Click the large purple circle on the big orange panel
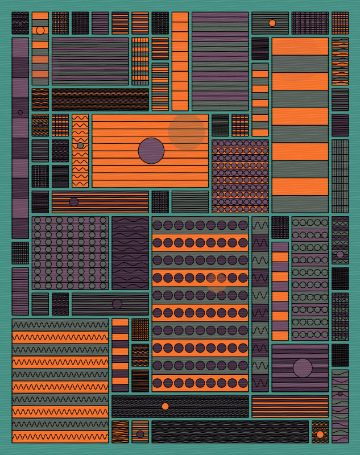pos(151,151)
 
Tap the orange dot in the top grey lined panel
pos(272,23)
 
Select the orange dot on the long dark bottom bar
pos(165,406)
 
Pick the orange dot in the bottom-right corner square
pos(320,435)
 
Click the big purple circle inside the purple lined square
pos(303,368)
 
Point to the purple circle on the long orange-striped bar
pos(74,202)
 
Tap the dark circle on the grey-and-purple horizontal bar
pos(117,304)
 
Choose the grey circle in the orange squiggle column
pos(80,146)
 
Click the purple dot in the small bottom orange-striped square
pos(140,435)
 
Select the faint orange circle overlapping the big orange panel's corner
pos(187,132)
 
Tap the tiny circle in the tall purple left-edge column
pos(20,113)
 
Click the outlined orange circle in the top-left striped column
pos(40,30)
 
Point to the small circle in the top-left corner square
pos(20,23)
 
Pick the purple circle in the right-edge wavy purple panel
pos(340,255)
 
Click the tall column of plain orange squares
pos(180,61)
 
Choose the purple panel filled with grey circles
pos(71,253)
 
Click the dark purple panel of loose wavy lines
pos(130,253)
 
